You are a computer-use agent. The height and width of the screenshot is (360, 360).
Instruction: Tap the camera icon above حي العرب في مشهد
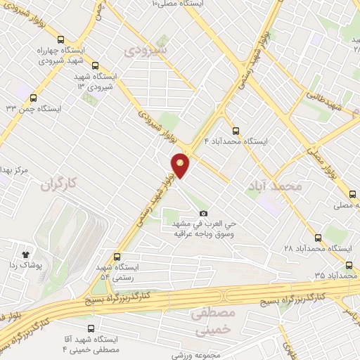tap(204, 213)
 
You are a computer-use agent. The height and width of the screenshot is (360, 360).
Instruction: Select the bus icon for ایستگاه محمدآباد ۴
tap(236, 130)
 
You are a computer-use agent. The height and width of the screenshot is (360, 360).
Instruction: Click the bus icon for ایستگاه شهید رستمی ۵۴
tap(117, 257)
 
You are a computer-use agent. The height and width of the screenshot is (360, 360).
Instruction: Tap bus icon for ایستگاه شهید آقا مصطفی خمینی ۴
tap(91, 328)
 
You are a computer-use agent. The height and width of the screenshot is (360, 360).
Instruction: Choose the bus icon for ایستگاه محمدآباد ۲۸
tap(318, 238)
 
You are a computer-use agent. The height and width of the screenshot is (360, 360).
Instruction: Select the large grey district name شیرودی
tap(145, 51)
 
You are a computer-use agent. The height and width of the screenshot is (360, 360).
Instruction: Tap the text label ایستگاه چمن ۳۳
tap(34, 108)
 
